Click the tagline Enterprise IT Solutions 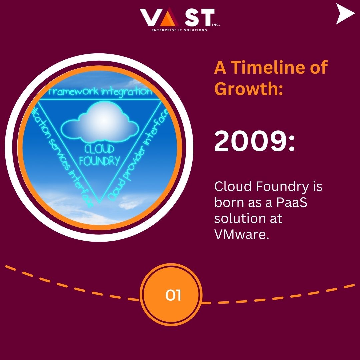click(x=179, y=30)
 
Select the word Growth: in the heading click(x=249, y=89)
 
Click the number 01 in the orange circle click(x=173, y=295)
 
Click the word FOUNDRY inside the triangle click(x=99, y=161)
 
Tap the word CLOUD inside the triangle click(x=99, y=149)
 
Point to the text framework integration click(x=100, y=92)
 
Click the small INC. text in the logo click(x=216, y=24)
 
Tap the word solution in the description click(x=239, y=219)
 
